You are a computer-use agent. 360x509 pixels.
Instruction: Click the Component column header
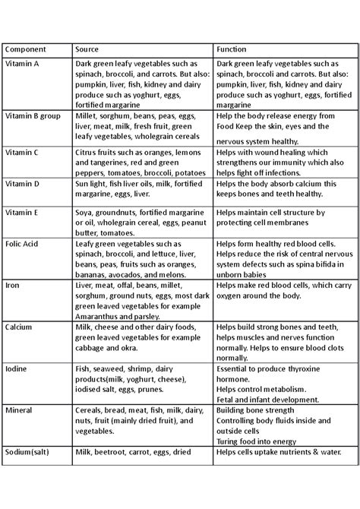click(x=25, y=49)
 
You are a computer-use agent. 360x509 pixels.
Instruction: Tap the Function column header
click(x=232, y=49)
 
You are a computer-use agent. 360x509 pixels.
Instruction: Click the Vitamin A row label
click(x=23, y=64)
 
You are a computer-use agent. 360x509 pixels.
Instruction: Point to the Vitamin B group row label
click(x=32, y=116)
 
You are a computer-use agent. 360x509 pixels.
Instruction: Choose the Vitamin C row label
click(x=22, y=152)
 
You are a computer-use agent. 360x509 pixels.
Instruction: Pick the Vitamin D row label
click(x=23, y=183)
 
